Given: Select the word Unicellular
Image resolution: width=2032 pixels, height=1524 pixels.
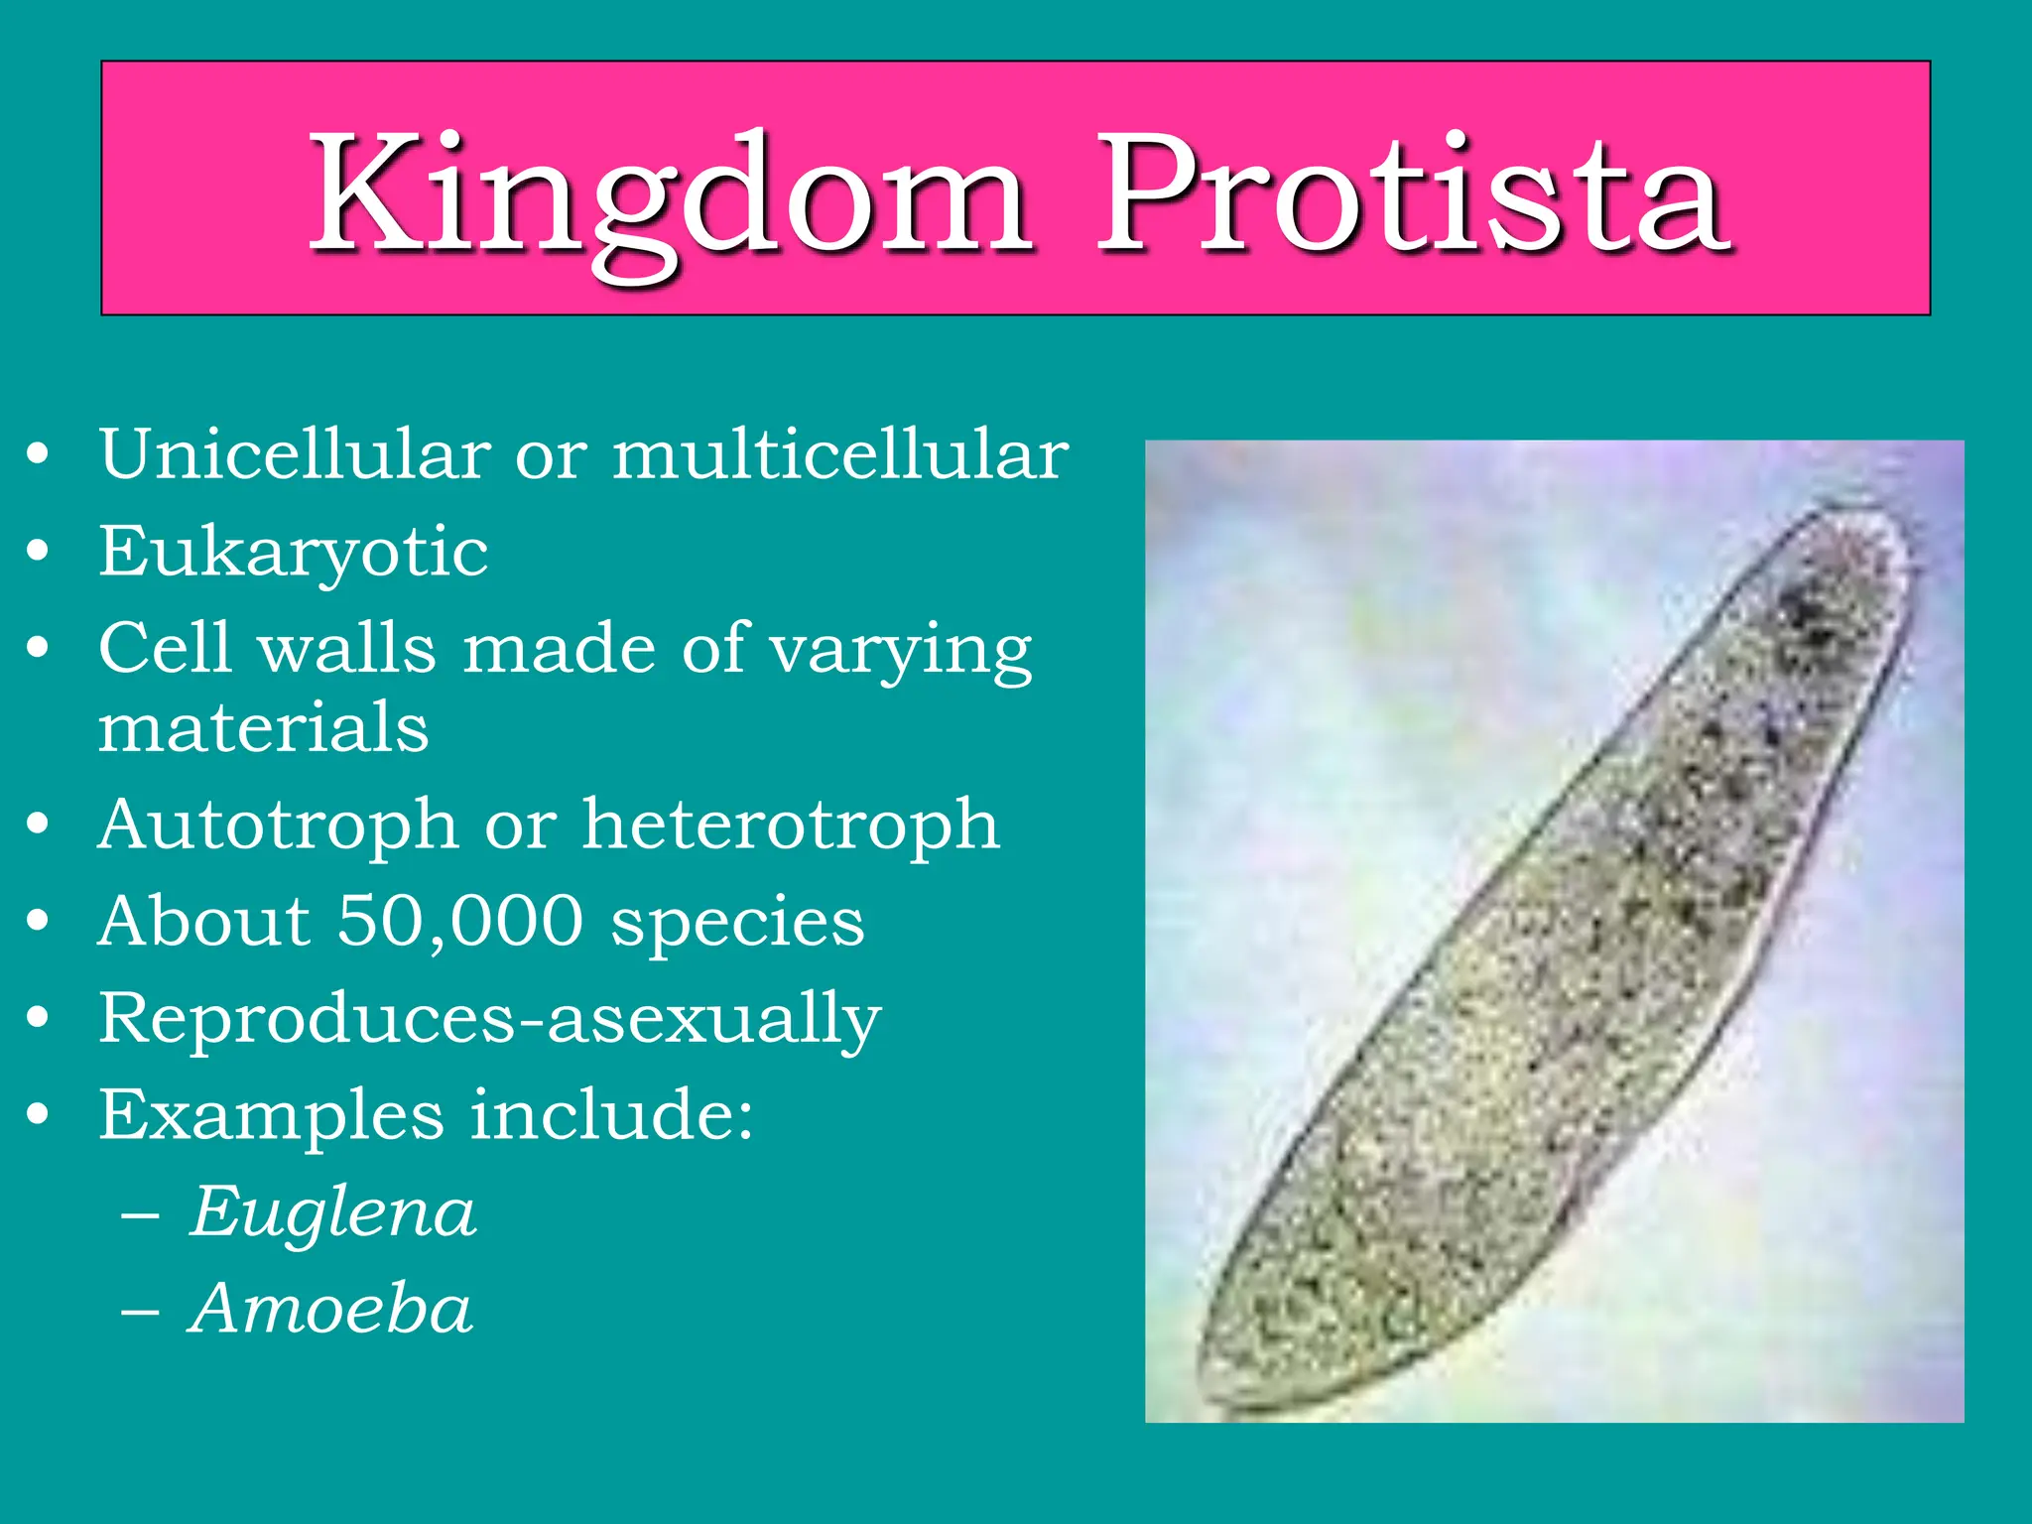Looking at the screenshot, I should tap(295, 455).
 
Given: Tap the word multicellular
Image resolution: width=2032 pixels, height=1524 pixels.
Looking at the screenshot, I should tap(840, 455).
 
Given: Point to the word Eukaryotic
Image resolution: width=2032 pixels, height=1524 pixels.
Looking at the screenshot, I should tap(293, 553).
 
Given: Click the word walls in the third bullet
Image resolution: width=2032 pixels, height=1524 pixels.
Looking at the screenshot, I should tap(347, 649).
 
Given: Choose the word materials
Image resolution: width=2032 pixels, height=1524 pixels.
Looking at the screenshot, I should tap(263, 727).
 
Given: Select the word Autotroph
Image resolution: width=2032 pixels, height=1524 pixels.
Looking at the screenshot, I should tap(278, 825).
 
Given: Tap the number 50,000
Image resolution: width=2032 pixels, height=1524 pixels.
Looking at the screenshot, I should tap(460, 921).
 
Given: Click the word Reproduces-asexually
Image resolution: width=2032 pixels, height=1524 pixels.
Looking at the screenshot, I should tap(489, 1019).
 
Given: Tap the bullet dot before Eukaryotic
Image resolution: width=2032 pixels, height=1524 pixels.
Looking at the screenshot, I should tap(38, 552).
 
